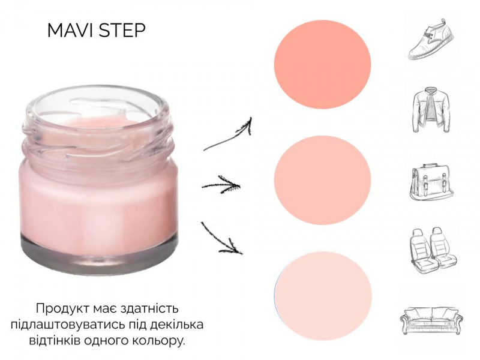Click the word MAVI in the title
point(70,31)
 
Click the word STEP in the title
point(122,31)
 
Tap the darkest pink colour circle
point(322,64)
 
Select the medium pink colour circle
point(322,180)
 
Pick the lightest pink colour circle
point(323,296)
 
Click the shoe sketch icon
point(431,39)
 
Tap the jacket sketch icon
point(431,109)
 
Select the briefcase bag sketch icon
point(431,182)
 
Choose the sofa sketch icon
point(431,320)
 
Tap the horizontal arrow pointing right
point(221,185)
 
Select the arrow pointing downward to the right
point(221,239)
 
